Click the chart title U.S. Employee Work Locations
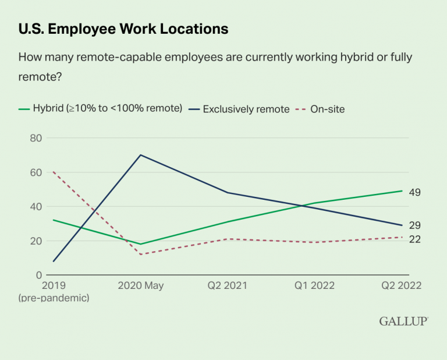[123, 28]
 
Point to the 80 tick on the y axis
[36, 138]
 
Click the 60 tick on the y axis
[36, 172]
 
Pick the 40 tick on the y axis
[36, 206]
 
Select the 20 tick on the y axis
[36, 241]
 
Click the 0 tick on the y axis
[38, 275]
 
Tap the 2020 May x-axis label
[140, 286]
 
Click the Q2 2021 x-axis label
[228, 286]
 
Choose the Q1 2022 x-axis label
[315, 286]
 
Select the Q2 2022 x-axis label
[402, 286]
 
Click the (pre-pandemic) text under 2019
[54, 298]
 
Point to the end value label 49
[414, 192]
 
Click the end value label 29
[414, 225]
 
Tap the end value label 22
[414, 239]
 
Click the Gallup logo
[403, 321]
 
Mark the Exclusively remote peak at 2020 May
[140, 155]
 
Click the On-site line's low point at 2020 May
[140, 254]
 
